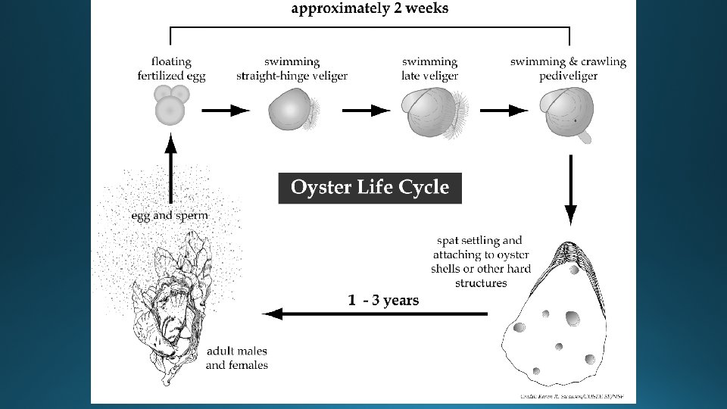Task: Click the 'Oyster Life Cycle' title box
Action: tap(370, 188)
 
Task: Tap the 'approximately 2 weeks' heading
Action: tap(370, 9)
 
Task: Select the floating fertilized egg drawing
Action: tap(170, 104)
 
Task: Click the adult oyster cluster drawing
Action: tap(170, 299)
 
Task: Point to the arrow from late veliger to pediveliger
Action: tap(504, 111)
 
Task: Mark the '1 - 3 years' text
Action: tap(383, 301)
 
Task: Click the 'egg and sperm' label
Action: tap(170, 216)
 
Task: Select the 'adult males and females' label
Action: tap(237, 358)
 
